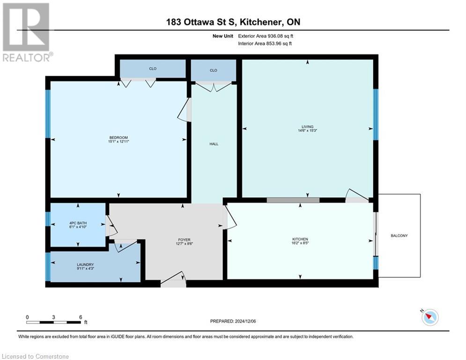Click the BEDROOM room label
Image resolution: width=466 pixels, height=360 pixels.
[x=118, y=137]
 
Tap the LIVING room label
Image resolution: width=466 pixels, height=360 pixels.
[x=307, y=127]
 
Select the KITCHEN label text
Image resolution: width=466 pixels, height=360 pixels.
[x=300, y=240]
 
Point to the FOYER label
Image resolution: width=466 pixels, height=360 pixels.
[x=183, y=240]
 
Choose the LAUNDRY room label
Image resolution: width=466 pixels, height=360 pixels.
[x=86, y=264]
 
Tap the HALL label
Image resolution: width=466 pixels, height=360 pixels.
[x=214, y=144]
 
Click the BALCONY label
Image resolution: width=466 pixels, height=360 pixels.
[x=399, y=236]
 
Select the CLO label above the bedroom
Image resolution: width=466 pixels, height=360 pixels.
[x=153, y=69]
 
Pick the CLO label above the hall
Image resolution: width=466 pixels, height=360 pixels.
[x=214, y=70]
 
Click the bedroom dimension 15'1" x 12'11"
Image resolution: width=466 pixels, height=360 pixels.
[x=118, y=142]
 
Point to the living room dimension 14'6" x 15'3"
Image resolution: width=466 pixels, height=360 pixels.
[x=307, y=131]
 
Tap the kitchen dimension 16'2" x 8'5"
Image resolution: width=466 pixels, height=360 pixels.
[x=300, y=244]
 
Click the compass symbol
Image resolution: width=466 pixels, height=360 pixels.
[x=429, y=317]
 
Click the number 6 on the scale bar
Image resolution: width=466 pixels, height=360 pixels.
[x=81, y=317]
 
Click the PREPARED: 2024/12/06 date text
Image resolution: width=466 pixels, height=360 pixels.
[x=237, y=321]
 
